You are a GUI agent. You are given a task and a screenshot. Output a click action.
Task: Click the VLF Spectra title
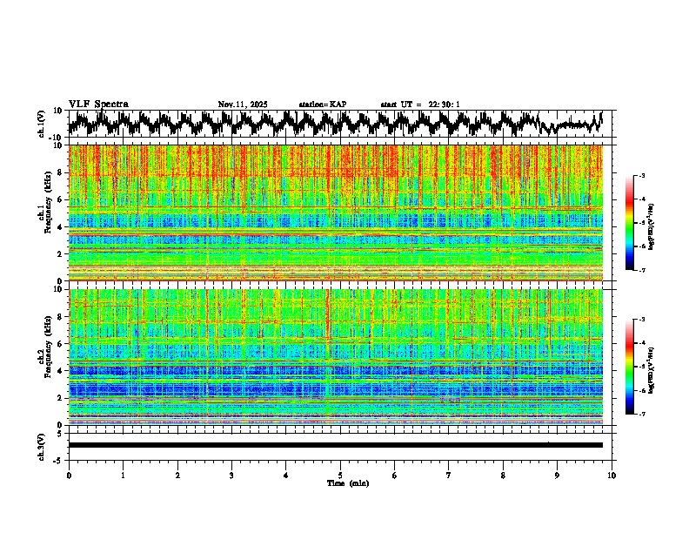98,105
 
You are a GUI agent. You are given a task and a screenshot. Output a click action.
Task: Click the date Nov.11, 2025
243,105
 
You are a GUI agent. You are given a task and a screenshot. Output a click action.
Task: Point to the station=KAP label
323,105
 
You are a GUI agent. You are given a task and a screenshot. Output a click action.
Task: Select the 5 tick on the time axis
340,475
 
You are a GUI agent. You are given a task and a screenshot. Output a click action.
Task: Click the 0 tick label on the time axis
69,475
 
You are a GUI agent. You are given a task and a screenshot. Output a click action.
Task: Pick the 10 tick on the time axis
612,475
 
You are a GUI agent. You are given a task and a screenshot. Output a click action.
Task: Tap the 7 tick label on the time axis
449,475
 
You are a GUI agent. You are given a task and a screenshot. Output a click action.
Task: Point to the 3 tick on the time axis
231,475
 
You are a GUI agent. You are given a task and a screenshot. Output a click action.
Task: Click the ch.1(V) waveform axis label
42,124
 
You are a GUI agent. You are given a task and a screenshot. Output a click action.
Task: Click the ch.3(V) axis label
42,445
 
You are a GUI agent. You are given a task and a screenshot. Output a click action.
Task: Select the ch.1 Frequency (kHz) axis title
42,213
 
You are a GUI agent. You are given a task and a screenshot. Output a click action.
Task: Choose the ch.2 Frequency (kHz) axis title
42,356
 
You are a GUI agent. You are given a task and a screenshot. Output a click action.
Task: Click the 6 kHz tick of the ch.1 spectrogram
59,199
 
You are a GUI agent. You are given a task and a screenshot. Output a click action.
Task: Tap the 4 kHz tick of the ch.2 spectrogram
59,370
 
